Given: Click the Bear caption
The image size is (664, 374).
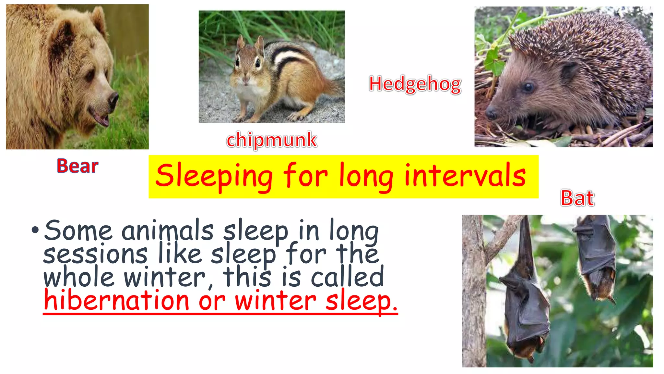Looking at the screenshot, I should [x=77, y=166].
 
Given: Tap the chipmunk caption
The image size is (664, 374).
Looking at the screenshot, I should [x=272, y=140].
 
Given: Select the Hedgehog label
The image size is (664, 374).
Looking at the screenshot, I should [x=415, y=84].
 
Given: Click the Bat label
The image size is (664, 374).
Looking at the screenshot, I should [x=577, y=198].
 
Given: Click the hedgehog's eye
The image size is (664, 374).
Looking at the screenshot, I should [x=528, y=87].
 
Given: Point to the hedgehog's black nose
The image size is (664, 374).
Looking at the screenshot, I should [x=491, y=113].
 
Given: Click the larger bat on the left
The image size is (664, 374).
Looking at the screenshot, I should [x=525, y=302].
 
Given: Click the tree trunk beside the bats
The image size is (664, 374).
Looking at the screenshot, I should [x=473, y=292].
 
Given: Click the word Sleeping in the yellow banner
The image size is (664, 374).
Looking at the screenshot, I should [x=214, y=176].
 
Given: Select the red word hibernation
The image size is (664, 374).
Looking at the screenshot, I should [x=116, y=300].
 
